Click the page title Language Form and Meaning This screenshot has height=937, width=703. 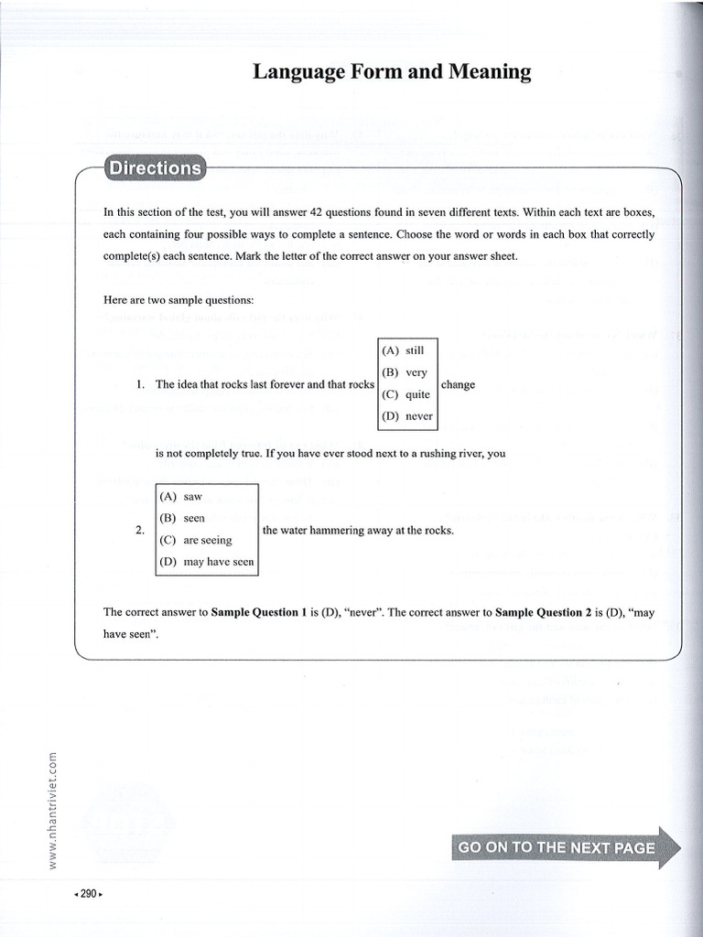click(x=392, y=72)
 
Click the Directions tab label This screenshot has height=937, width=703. click(x=154, y=168)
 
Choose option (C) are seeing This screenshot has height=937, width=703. click(x=196, y=540)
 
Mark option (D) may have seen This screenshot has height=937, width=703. click(x=206, y=562)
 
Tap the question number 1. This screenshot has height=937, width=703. click(x=140, y=384)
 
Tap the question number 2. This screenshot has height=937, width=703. click(x=139, y=530)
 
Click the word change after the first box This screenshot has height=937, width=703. click(x=458, y=384)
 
